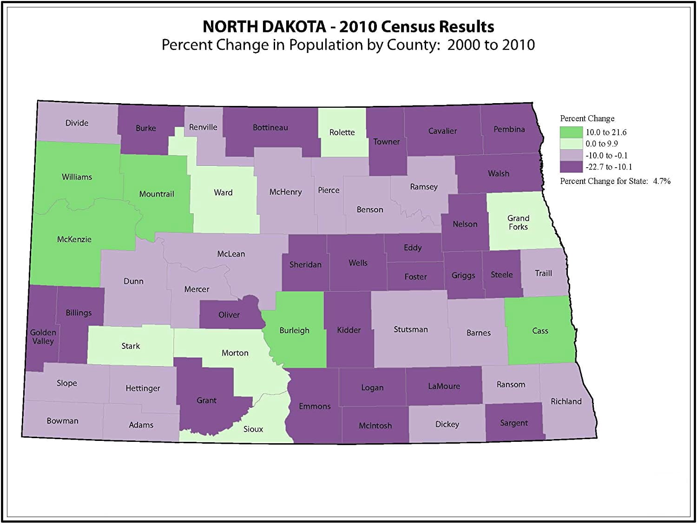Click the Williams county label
coord(77,177)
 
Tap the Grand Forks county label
coord(518,223)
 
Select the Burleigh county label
coord(294,330)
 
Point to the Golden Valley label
coord(43,337)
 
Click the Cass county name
coord(540,331)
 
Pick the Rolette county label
coord(342,132)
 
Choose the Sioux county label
coord(253,429)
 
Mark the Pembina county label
coord(509,129)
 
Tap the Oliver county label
coord(229,315)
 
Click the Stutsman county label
coord(411,329)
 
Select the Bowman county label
coord(62,421)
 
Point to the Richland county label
coord(566,401)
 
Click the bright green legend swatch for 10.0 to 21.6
coord(571,132)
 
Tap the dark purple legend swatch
coord(571,167)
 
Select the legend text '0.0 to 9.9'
coord(602,144)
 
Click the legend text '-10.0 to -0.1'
coord(606,156)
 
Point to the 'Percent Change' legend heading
coord(587,118)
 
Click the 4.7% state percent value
coord(662,181)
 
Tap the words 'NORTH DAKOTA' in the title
coord(264,26)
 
